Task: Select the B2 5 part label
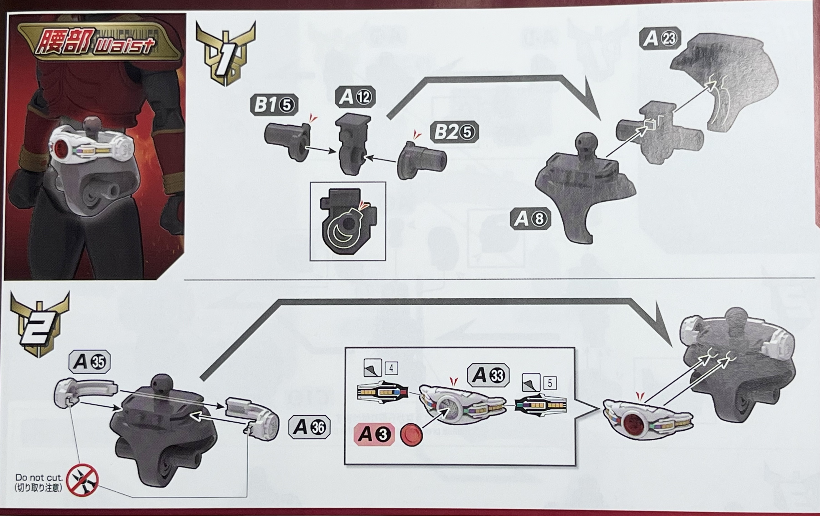454,132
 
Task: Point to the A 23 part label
660,38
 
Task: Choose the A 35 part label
89,362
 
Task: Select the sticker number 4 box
391,368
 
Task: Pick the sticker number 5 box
550,383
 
